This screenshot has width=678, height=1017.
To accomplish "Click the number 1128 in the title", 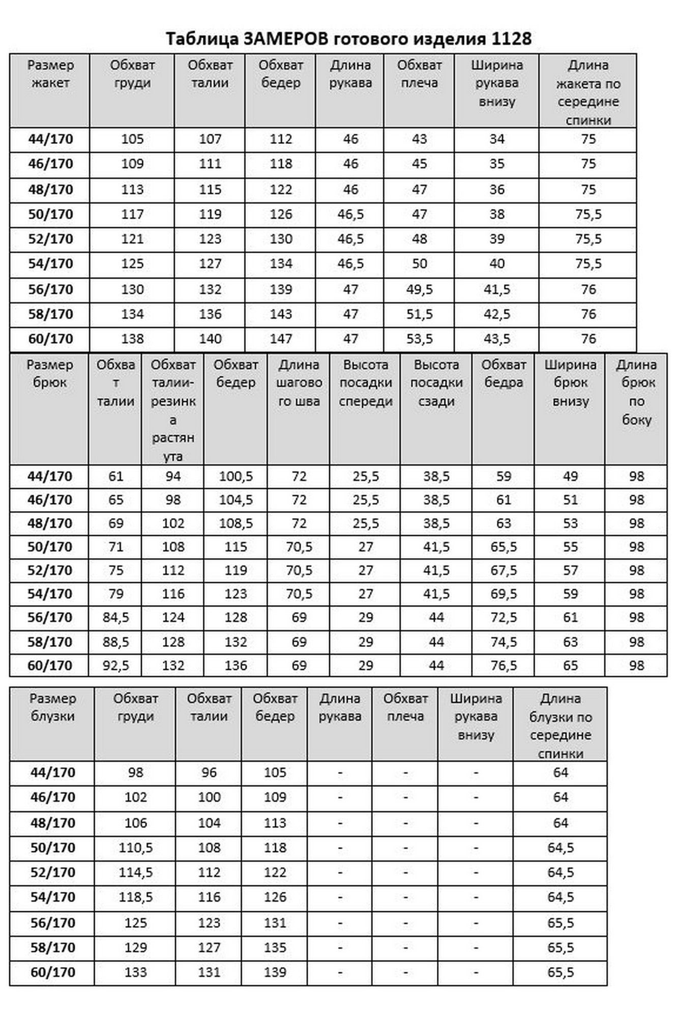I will (511, 39).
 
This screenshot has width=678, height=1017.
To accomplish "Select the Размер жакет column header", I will (50, 74).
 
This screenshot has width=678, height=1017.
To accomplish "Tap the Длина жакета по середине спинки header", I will (587, 92).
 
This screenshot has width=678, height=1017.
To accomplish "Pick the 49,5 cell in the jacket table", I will (419, 289).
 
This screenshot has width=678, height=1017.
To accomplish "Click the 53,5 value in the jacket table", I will (419, 339).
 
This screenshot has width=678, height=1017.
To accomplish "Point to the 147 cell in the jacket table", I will (281, 339).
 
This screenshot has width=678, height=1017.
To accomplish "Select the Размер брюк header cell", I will (50, 374).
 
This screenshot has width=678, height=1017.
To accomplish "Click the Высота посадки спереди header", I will (366, 383).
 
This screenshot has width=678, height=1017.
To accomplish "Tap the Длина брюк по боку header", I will (636, 392).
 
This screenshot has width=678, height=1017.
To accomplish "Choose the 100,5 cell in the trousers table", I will (235, 476).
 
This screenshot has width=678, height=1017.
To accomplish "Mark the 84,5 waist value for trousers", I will (116, 617).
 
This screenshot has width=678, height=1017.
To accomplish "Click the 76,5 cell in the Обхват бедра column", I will (504, 665).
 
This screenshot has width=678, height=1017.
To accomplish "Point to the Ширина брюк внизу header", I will (570, 383).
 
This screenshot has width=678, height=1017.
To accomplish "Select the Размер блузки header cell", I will (52, 707).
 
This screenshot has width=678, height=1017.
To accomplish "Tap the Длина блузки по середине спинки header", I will (560, 726).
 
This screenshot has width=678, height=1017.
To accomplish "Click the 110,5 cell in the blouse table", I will (135, 848).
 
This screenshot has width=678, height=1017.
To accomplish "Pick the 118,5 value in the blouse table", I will (135, 897).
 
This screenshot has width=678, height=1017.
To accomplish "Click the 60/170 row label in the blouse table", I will (52, 972).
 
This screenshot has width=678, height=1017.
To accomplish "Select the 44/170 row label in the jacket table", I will (50, 139).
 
